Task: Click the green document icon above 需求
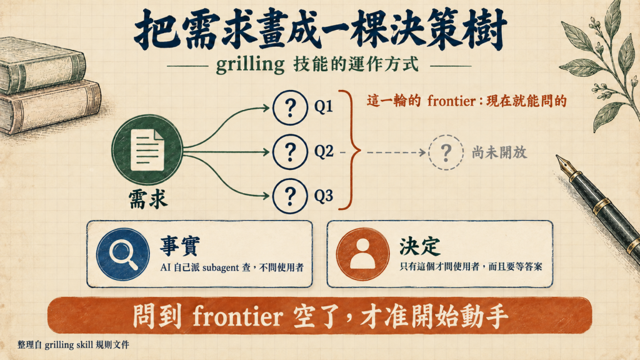pos(147,150)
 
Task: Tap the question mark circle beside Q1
pos(290,107)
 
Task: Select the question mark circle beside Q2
pos(290,152)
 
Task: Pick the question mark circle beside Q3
pos(290,196)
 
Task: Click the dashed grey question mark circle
pos(446,152)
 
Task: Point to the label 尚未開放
pos(499,152)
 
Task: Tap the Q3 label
pos(324,196)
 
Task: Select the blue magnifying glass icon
pos(123,254)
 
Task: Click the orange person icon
pos(362,254)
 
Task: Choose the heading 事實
pos(180,246)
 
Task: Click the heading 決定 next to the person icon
pos(420,246)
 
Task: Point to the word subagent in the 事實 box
pos(221,267)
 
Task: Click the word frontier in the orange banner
pos(237,316)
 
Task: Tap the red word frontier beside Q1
pos(451,101)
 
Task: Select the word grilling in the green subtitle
pos(250,64)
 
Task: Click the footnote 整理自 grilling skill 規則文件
pos(74,345)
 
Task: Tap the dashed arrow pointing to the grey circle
pos(396,152)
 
